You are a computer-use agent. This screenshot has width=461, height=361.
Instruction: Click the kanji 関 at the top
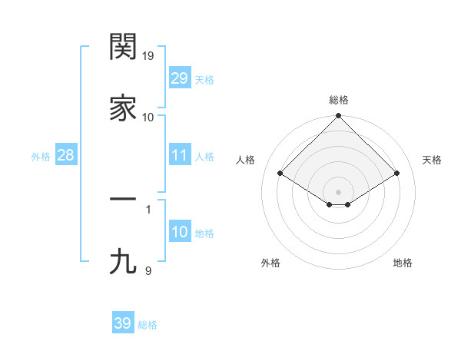pos(123,47)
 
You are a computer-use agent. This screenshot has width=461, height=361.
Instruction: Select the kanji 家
pos(123,108)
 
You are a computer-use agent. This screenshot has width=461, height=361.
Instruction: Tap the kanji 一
pos(123,198)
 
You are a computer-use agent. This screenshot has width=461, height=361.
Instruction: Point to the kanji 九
pos(123,262)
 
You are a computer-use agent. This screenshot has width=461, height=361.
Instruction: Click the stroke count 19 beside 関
pos(148,56)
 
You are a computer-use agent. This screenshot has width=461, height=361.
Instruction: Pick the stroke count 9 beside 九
pos(148,270)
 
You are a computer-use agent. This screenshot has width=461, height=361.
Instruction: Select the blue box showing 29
pos(179,78)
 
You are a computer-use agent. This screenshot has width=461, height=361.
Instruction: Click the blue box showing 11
pos(179,155)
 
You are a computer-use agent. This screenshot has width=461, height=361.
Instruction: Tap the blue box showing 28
pos(65,155)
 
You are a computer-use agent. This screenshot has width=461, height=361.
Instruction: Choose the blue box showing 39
pos(122,323)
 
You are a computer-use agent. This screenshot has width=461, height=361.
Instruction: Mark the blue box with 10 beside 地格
pos(179,232)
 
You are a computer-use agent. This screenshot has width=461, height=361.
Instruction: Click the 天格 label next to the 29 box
pos(204,80)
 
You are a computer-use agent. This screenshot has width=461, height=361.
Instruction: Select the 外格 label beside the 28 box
pos(41,157)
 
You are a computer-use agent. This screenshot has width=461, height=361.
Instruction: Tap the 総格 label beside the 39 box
pos(148,325)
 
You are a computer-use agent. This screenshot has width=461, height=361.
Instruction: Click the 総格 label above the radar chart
pos(339,100)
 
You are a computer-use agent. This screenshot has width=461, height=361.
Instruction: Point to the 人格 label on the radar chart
pos(246,160)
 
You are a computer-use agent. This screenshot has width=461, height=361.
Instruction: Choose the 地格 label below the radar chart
pos(403,263)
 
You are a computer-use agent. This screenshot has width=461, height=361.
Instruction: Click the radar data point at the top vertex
pos(339,117)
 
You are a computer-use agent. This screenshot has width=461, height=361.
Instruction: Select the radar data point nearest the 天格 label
pos(397,174)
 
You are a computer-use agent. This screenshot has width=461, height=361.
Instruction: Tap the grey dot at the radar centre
pos(339,191)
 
